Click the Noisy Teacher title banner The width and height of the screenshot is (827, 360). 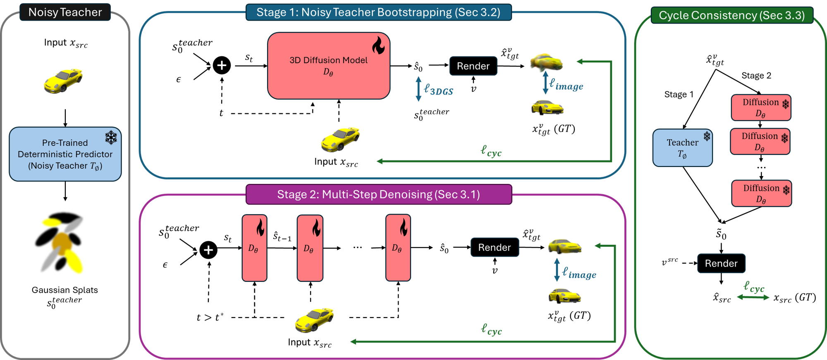[x=65, y=12]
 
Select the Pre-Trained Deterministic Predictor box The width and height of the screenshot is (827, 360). [x=65, y=154]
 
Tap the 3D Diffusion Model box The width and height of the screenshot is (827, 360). [x=329, y=66]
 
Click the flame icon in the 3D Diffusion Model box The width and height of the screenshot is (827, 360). [x=378, y=45]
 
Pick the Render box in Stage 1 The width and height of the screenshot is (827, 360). [x=473, y=66]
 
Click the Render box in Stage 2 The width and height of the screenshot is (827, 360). [x=495, y=247]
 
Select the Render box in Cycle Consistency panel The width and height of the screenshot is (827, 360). [x=721, y=263]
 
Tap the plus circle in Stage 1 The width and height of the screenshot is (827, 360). [x=222, y=65]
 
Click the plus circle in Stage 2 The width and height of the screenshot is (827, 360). [x=208, y=250]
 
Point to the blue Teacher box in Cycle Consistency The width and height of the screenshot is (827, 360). [x=683, y=148]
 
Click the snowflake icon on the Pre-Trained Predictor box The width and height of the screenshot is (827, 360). [x=111, y=137]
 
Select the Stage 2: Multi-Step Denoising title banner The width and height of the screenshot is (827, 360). [x=379, y=194]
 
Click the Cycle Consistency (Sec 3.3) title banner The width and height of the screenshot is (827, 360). [x=732, y=15]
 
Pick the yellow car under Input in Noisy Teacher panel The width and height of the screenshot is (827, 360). [x=63, y=81]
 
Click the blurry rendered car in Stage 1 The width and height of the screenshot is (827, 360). [x=546, y=62]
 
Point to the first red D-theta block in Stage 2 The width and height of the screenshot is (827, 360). [x=254, y=248]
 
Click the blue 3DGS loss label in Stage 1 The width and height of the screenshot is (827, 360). [x=439, y=90]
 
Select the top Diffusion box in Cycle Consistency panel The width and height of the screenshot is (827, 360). [x=761, y=107]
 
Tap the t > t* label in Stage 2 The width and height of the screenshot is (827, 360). [x=210, y=317]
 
